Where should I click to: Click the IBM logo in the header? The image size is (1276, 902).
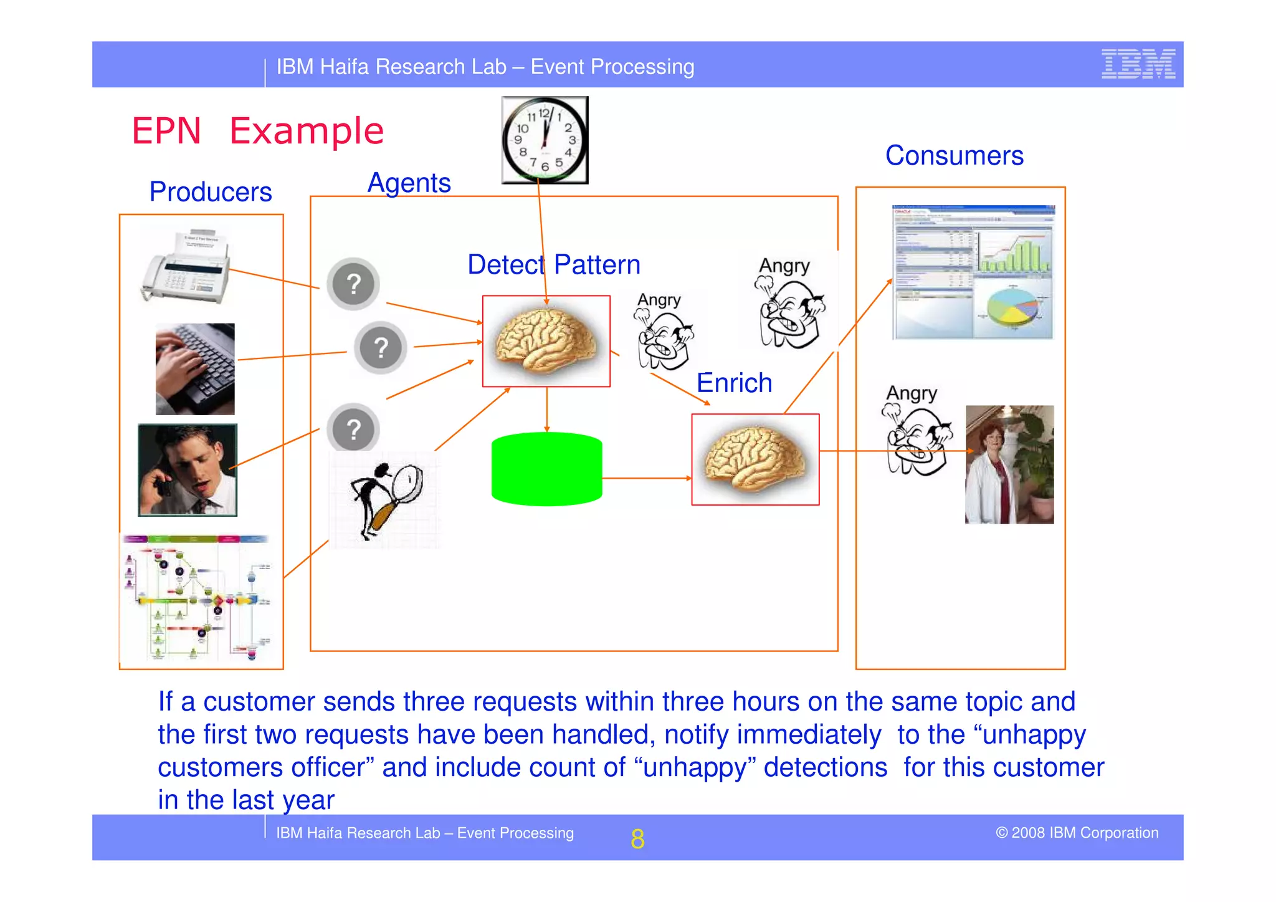click(x=1138, y=64)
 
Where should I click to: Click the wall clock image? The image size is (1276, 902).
click(x=545, y=140)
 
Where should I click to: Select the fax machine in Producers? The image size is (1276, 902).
click(x=186, y=267)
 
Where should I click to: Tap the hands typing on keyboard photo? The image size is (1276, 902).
click(x=195, y=368)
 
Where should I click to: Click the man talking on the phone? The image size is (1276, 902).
click(x=187, y=470)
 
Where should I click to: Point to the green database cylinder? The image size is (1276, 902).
click(x=546, y=469)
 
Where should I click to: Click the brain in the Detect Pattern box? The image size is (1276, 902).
click(x=546, y=340)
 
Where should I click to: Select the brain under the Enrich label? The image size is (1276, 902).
click(x=755, y=459)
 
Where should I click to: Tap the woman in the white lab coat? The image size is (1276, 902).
click(x=991, y=474)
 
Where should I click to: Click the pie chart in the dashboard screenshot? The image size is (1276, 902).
click(x=1013, y=308)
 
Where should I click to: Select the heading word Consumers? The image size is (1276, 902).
click(x=954, y=155)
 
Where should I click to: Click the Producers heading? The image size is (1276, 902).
click(x=211, y=191)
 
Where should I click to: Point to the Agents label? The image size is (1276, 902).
click(x=409, y=183)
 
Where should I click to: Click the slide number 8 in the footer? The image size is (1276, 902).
click(x=637, y=838)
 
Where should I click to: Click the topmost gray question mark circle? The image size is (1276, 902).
click(x=353, y=284)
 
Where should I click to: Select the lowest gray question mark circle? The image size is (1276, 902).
click(x=353, y=428)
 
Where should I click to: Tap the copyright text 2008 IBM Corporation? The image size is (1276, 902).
click(x=1077, y=833)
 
